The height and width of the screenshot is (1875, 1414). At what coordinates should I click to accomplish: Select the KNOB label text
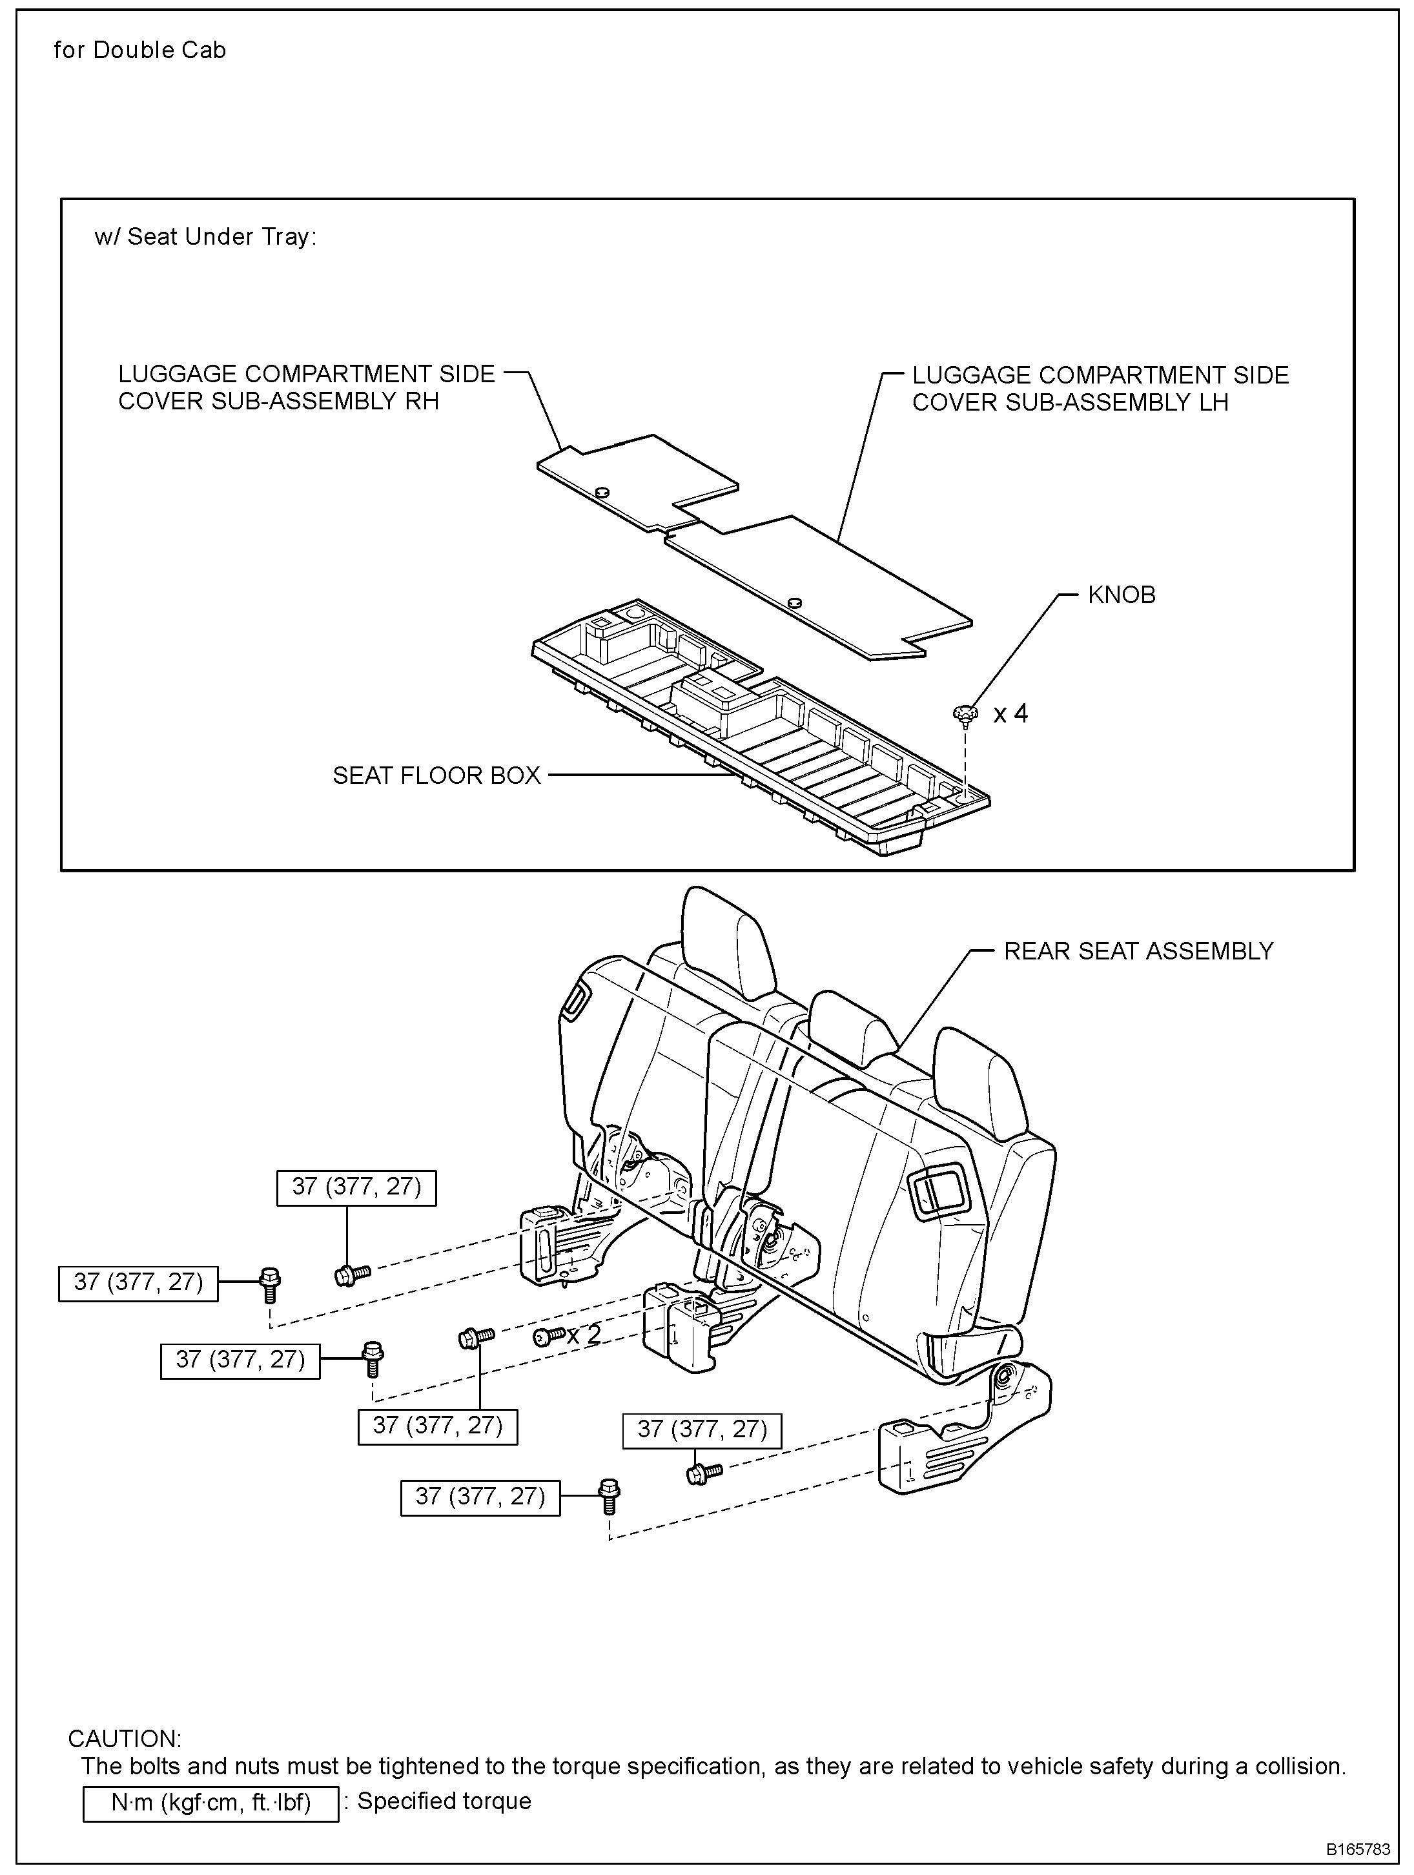1121,595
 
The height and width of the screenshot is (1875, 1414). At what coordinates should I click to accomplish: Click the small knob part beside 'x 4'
964,715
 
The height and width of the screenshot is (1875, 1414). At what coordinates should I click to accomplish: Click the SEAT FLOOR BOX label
436,775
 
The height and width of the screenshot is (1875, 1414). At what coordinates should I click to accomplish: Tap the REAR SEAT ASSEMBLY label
1138,951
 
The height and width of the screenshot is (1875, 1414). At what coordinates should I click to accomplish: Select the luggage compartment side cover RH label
306,387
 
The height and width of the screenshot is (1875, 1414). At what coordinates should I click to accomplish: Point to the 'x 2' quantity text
584,1334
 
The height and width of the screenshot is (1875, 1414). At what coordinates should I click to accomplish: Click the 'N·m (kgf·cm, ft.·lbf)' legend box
210,1802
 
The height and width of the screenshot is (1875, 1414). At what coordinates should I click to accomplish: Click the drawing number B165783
1358,1849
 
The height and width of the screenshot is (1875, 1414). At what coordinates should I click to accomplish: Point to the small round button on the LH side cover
794,602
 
